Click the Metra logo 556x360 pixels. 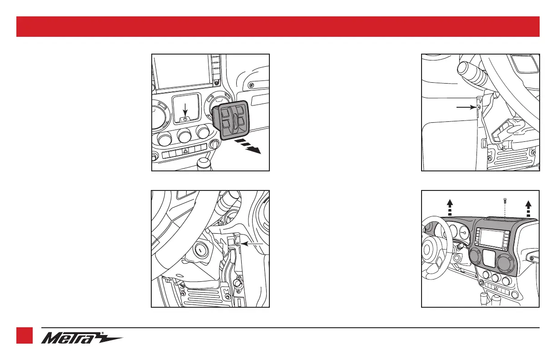coord(82,338)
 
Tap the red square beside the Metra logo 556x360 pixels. coord(25,335)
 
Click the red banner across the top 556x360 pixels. coord(278,26)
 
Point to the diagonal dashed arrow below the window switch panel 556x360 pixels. coord(248,146)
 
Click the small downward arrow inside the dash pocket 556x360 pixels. coord(185,110)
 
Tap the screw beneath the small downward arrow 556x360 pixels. coord(185,119)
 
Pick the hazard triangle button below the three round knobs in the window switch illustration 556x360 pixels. coord(185,151)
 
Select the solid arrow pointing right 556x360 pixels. coord(466,107)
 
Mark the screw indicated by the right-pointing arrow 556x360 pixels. coord(479,107)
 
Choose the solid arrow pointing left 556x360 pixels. coord(252,244)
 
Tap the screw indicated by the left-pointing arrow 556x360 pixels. coord(238,244)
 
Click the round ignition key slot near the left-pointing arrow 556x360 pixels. coord(200,250)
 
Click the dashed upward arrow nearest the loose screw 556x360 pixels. coord(528,208)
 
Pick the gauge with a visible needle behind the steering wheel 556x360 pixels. coord(463,232)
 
